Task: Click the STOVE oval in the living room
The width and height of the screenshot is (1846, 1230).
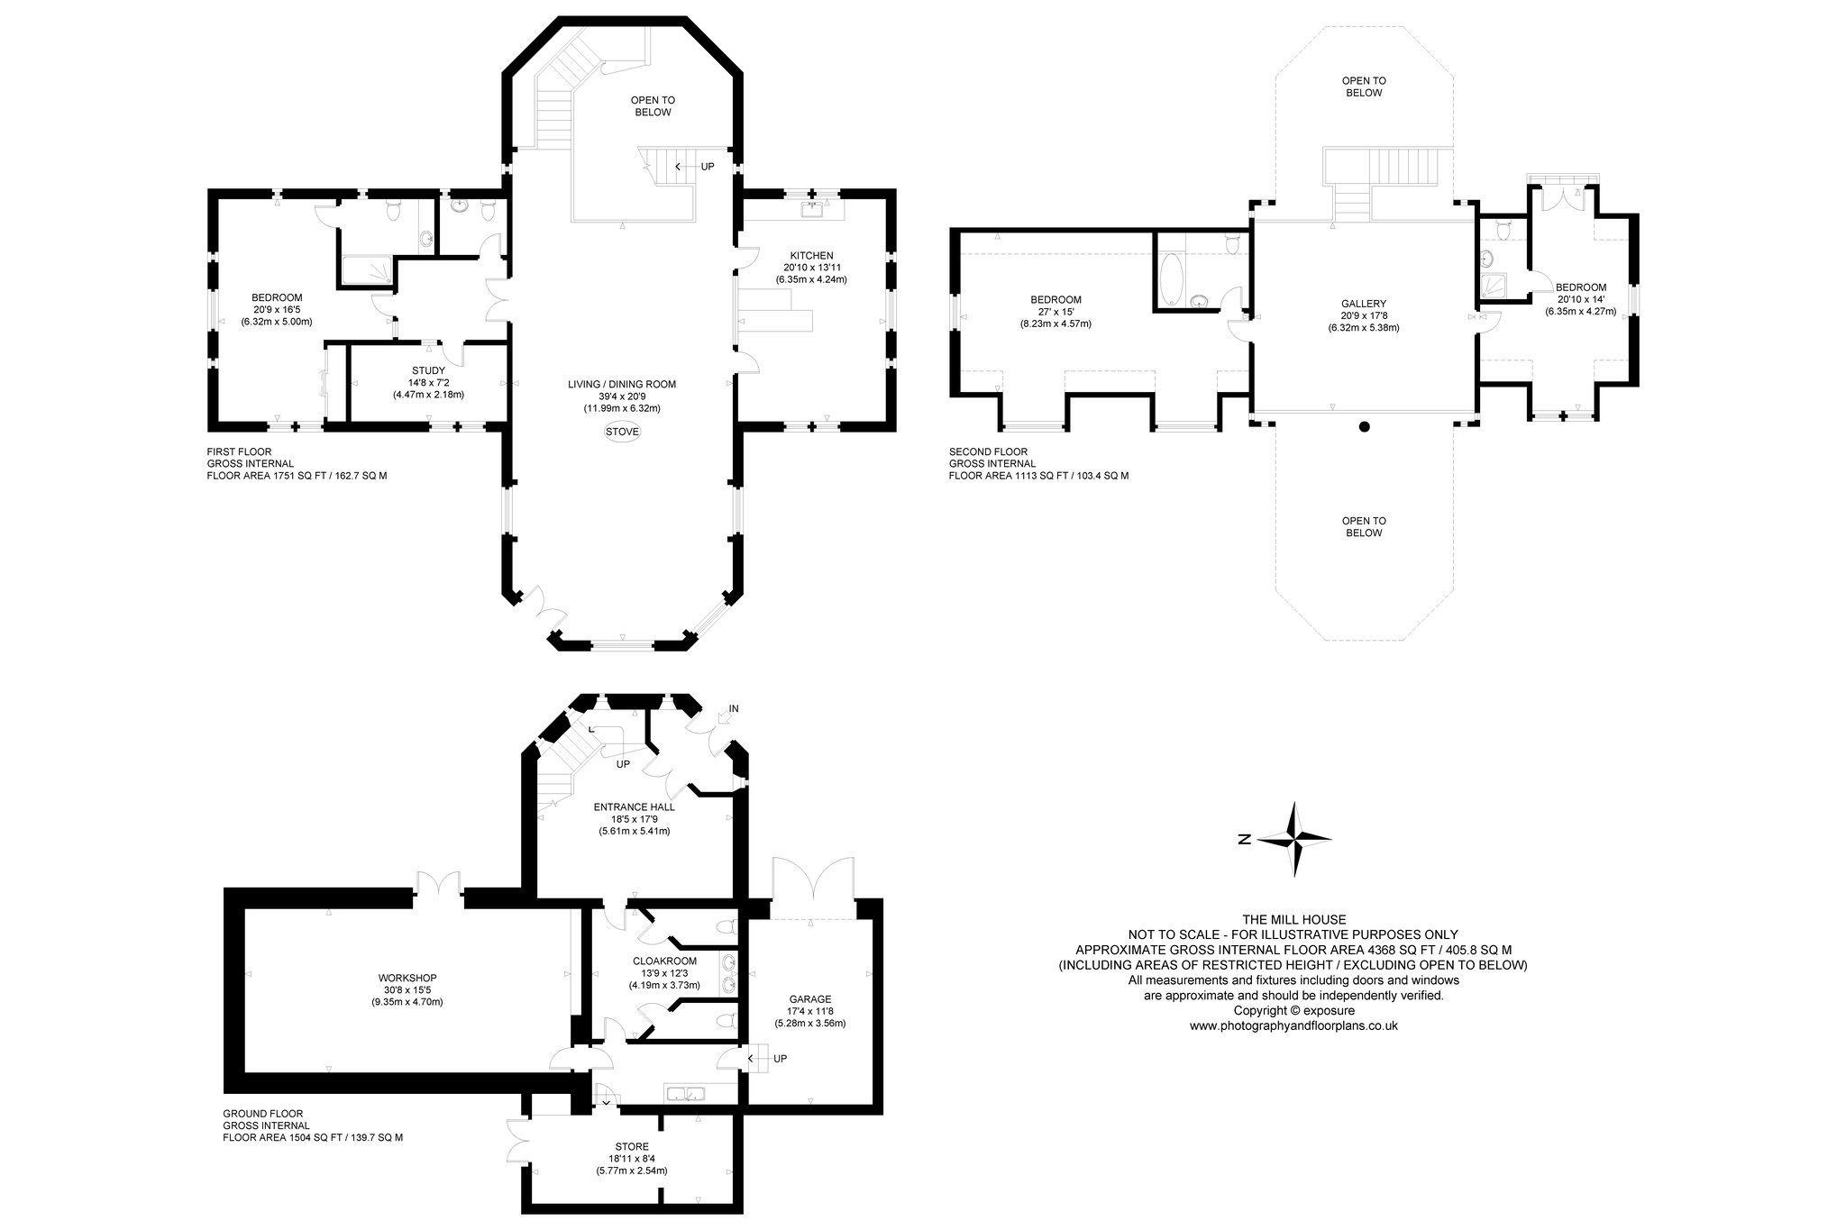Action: click(x=622, y=432)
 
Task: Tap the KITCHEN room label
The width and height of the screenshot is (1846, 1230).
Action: click(x=811, y=255)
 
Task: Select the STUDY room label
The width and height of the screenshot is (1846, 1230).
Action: click(x=428, y=370)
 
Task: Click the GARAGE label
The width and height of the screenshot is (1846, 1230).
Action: click(x=810, y=998)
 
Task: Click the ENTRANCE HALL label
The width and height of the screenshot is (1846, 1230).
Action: click(x=634, y=806)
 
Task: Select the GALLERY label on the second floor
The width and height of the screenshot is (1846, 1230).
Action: click(x=1363, y=304)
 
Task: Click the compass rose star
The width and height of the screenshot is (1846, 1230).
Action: click(x=1295, y=839)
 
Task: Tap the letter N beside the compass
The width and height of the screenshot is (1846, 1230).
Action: click(x=1244, y=840)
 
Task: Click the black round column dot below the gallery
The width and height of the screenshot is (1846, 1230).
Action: click(x=1365, y=427)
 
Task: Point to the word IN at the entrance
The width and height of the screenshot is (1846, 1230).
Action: click(x=733, y=709)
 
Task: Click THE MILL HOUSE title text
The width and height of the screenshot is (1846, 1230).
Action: click(x=1293, y=919)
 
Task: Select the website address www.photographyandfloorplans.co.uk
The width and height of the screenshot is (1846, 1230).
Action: click(x=1293, y=1025)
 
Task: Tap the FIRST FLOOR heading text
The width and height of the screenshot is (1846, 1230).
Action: click(x=239, y=451)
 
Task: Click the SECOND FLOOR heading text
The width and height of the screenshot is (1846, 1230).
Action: click(x=988, y=451)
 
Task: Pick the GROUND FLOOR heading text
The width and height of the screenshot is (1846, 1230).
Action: click(x=263, y=1113)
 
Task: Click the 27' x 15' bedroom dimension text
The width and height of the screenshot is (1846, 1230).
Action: click(x=1056, y=312)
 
